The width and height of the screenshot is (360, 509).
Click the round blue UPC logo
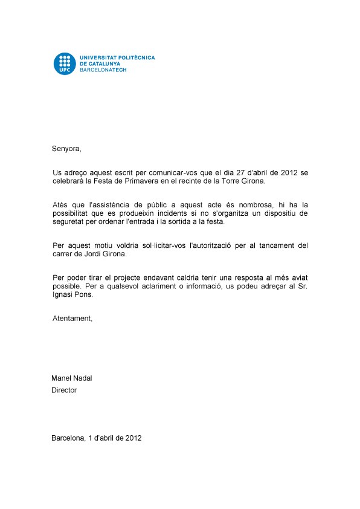coord(64,63)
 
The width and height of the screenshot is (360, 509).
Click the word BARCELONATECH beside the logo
coord(103,70)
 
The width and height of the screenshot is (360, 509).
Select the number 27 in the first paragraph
coord(246,173)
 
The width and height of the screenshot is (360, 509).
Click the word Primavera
coord(133,181)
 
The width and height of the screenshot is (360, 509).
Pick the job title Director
coord(64,391)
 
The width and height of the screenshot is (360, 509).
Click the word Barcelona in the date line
coord(68,438)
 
